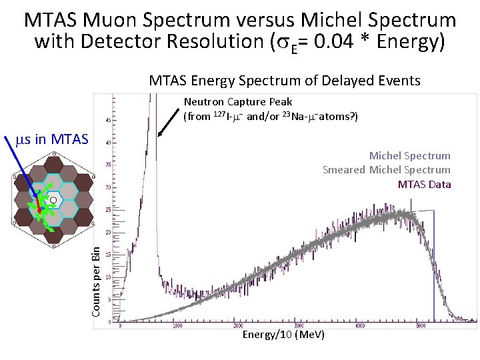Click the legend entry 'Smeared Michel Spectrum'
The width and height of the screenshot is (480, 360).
coord(386,169)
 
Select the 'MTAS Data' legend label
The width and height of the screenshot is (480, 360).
coord(424,184)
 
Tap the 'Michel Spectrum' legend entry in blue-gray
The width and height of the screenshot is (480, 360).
coord(409,155)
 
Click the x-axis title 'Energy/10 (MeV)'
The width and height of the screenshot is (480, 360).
coord(283,334)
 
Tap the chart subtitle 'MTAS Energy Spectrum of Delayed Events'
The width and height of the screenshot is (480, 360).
coord(285,81)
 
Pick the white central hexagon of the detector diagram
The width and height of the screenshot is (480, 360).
coord(53,199)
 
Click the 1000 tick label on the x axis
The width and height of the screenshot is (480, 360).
coord(177,326)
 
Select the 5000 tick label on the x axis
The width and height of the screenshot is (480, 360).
coord(421,326)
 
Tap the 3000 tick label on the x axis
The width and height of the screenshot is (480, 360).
coord(299,326)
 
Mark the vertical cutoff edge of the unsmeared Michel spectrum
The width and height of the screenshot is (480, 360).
coord(433,267)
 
